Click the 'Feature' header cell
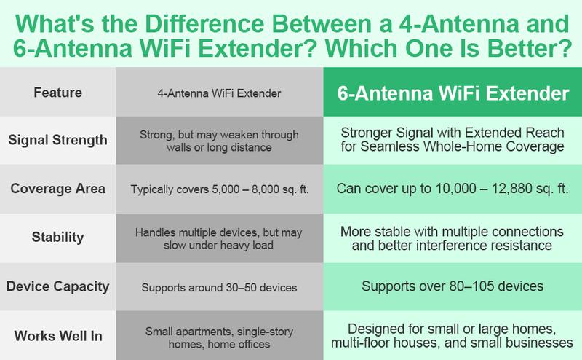pos(57,93)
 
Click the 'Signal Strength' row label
pos(57,141)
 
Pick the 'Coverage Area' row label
pos(57,188)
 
